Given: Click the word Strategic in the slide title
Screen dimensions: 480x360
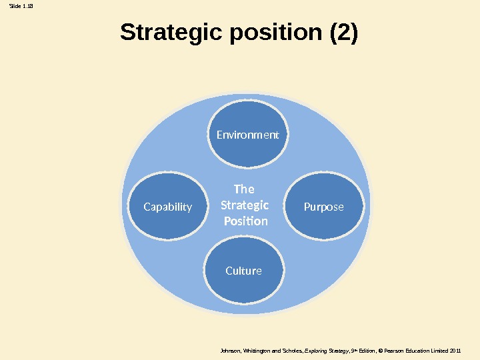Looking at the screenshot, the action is (x=171, y=32).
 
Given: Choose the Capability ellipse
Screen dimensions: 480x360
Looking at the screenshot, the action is (x=168, y=207).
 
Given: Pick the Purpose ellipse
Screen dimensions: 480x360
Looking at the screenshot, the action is (x=324, y=207).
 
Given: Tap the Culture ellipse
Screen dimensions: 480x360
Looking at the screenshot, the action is (x=243, y=271).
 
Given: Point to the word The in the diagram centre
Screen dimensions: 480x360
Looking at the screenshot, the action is (x=245, y=189).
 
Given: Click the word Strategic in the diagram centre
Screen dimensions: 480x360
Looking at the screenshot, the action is (x=245, y=205).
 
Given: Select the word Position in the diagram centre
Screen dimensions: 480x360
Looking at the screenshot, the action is (x=245, y=221).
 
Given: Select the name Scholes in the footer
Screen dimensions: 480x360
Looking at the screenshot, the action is (x=291, y=350).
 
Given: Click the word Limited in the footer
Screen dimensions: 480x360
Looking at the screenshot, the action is (x=438, y=350).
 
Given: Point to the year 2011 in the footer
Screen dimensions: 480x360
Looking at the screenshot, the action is (x=456, y=350).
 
